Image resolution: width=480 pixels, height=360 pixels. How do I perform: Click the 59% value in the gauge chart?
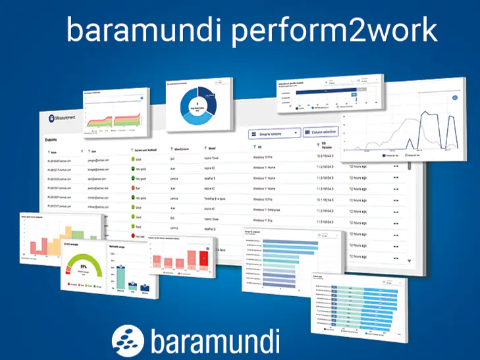point(84,267)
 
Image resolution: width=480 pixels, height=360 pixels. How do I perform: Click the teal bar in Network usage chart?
point(121,276)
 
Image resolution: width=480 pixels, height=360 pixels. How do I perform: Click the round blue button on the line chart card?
point(455,97)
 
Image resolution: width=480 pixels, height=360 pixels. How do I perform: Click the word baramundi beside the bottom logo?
point(215,341)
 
